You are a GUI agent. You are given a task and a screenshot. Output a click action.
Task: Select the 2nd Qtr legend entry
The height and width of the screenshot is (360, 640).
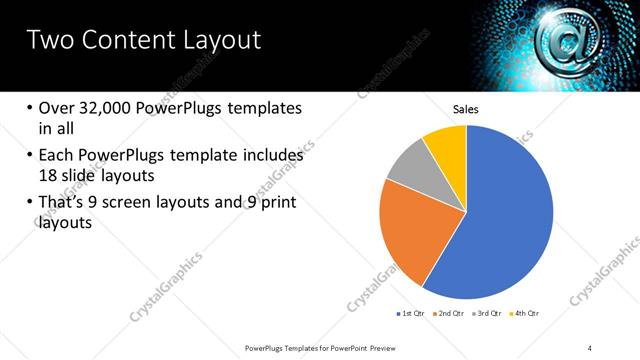pyautogui.click(x=450, y=313)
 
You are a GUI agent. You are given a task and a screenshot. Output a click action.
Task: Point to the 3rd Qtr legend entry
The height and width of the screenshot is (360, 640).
pyautogui.click(x=489, y=313)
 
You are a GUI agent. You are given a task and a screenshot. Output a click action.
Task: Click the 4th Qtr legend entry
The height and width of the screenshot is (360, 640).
pyautogui.click(x=527, y=313)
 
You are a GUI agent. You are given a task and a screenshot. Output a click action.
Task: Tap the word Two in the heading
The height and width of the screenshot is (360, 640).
pyautogui.click(x=49, y=40)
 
